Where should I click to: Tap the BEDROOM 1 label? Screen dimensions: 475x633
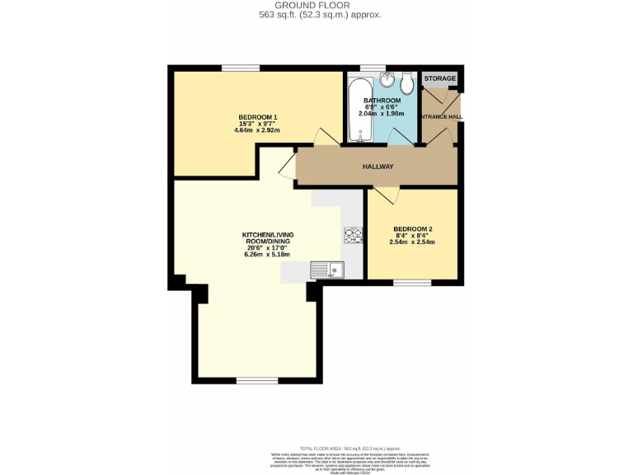click(x=257, y=117)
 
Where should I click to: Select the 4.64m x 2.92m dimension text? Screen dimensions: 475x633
click(x=257, y=130)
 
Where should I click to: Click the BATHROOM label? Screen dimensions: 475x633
click(x=382, y=101)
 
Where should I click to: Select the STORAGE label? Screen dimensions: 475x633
click(x=439, y=78)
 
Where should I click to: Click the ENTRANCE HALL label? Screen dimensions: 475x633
click(x=442, y=117)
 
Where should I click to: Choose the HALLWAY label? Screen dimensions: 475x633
click(x=377, y=167)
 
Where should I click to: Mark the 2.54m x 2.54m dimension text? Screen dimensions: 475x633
click(x=412, y=242)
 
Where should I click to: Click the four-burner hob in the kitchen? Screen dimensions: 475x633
click(x=353, y=236)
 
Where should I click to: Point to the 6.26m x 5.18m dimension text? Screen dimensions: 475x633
click(x=268, y=255)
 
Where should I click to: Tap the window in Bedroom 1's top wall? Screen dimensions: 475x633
click(x=240, y=68)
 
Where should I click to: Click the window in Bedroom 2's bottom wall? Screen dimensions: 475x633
click(x=411, y=283)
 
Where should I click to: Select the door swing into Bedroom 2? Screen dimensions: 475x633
click(x=386, y=195)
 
